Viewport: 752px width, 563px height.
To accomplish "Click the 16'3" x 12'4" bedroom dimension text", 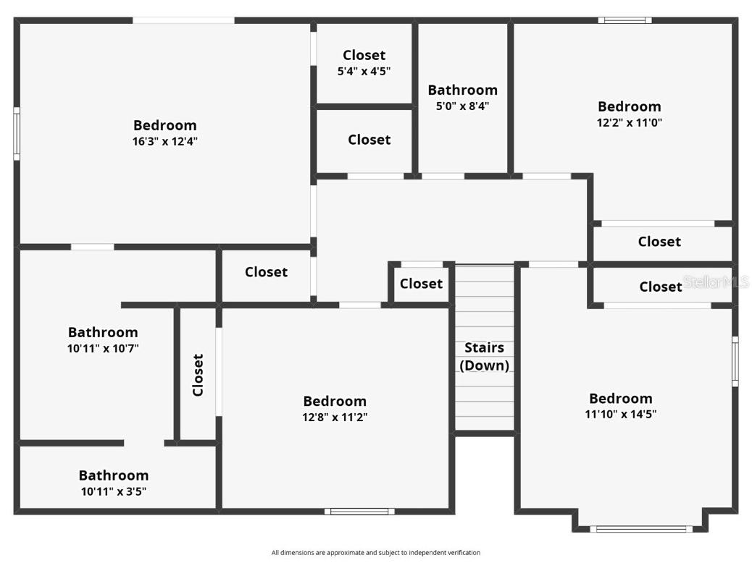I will point(164,142).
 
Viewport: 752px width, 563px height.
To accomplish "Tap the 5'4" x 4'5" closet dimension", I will point(364,72).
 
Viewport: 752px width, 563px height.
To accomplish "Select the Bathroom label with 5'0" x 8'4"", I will point(462,90).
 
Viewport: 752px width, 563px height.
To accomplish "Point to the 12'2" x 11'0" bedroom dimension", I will point(629,123).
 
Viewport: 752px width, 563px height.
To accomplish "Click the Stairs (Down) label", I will point(485,357).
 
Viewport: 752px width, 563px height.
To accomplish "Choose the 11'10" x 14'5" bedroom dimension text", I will point(621,415).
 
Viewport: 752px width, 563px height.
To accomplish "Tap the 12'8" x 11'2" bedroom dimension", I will point(335,418).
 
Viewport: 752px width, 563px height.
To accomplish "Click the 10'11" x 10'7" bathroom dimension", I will point(103,349).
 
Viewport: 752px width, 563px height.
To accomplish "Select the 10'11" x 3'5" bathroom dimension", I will point(114,492).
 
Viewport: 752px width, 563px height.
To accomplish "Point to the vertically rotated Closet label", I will point(198,375).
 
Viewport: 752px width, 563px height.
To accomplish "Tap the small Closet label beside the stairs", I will point(421,284).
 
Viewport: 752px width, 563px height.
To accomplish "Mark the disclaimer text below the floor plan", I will point(375,553).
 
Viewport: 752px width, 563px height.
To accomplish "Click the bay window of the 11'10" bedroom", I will point(640,529).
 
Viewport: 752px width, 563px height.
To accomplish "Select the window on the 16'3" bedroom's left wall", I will point(16,133).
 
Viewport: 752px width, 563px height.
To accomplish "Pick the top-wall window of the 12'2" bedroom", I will point(624,20).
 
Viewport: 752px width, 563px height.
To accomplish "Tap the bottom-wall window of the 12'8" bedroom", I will point(360,512).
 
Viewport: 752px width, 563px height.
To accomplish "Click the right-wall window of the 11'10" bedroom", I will point(735,361).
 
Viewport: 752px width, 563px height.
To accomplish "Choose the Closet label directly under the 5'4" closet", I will point(369,140).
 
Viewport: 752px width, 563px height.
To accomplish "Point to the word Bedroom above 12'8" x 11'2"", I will point(335,401).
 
